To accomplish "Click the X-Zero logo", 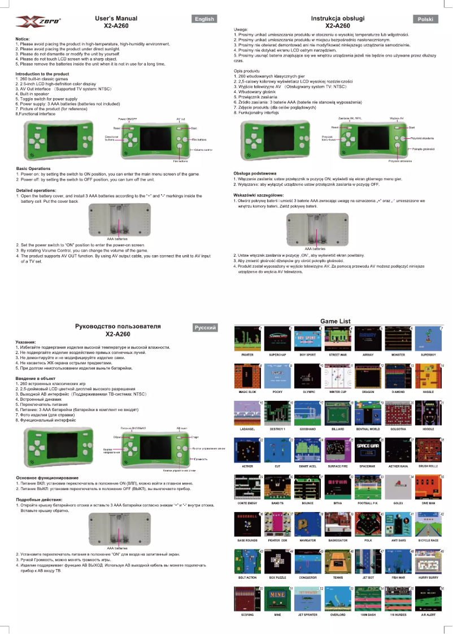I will click(x=38, y=22).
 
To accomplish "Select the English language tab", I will click(x=204, y=19).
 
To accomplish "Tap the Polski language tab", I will click(x=425, y=19).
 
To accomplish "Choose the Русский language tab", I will click(x=204, y=327).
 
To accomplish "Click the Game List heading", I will click(x=336, y=321).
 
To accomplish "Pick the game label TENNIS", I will click(x=338, y=578).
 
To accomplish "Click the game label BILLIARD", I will click(x=338, y=429).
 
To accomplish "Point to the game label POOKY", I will click(x=277, y=391).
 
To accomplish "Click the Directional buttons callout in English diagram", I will click(x=112, y=138).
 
